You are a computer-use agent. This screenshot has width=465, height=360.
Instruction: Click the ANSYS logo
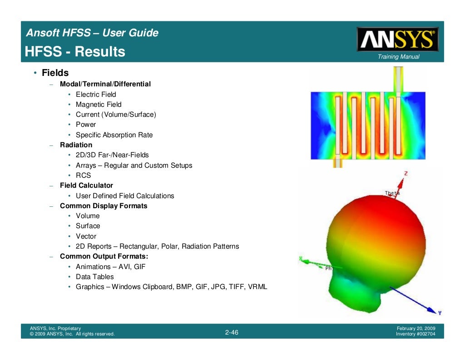click(398, 40)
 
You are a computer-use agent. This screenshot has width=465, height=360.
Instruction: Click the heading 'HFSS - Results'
click(75, 52)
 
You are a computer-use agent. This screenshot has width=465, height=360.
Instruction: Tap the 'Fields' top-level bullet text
click(55, 73)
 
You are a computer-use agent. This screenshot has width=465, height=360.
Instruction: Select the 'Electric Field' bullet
click(96, 95)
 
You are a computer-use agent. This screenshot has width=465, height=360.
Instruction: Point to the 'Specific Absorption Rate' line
click(114, 135)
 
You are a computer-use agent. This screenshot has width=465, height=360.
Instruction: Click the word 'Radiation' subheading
click(76, 145)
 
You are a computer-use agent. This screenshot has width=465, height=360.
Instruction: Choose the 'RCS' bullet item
click(83, 175)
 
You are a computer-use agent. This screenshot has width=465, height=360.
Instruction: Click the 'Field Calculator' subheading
click(86, 185)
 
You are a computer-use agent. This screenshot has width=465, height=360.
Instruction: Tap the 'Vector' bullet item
click(86, 236)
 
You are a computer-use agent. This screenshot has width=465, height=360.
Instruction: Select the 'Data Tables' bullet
click(94, 277)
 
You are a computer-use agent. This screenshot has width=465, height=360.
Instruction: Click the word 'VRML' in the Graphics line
click(258, 287)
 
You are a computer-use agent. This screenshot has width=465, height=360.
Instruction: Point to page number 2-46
click(232, 333)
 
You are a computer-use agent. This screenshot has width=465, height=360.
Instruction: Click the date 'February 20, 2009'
click(416, 328)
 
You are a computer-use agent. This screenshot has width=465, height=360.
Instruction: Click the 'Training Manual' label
click(398, 57)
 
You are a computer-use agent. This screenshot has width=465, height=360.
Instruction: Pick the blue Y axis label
click(440, 313)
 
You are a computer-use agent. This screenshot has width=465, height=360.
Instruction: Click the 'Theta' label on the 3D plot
click(392, 193)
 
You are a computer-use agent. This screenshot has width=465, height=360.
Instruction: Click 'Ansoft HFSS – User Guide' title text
click(92, 33)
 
